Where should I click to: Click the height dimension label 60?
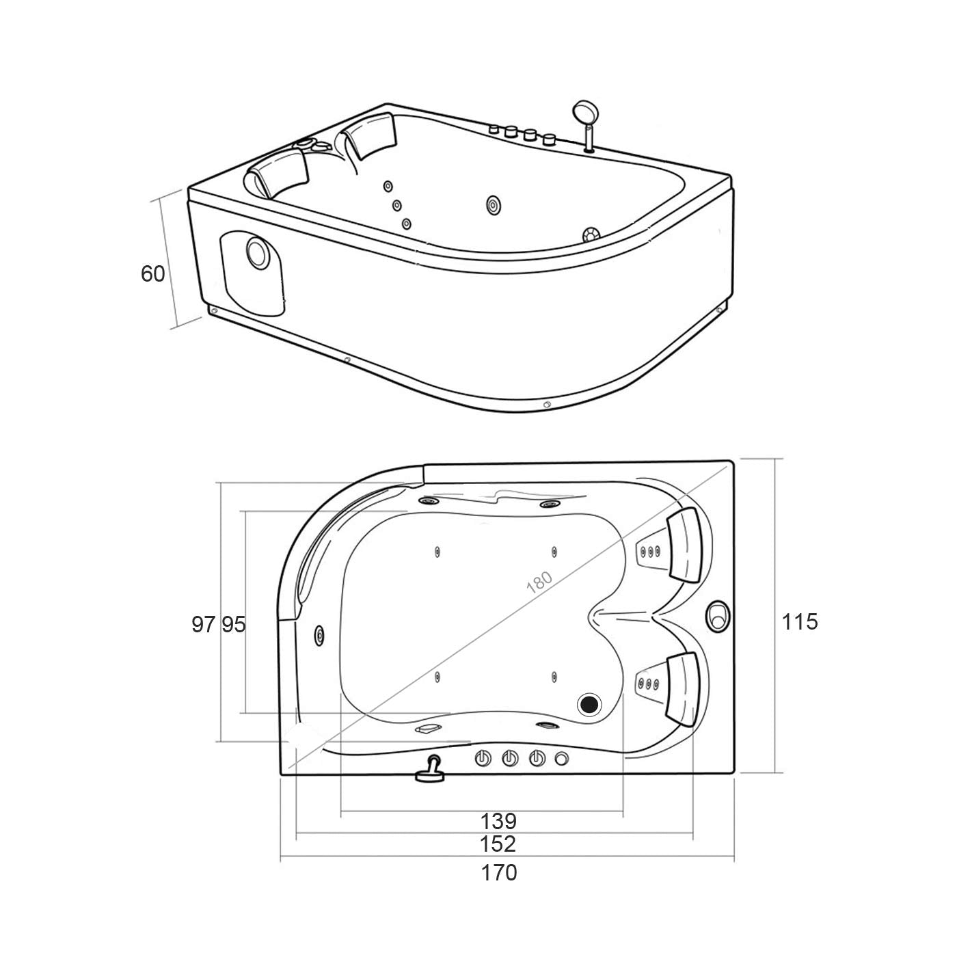[152, 274]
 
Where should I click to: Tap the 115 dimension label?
[799, 622]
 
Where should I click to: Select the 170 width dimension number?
[498, 873]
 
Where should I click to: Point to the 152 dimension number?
[498, 844]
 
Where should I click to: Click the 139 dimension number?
[498, 820]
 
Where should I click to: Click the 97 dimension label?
[204, 624]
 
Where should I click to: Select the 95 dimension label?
[233, 624]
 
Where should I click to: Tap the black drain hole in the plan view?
[589, 703]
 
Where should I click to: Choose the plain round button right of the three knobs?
[562, 759]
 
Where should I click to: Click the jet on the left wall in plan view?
[319, 634]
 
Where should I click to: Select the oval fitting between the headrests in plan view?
[718, 615]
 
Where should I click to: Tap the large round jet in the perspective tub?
[494, 204]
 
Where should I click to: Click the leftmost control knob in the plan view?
[483, 759]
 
